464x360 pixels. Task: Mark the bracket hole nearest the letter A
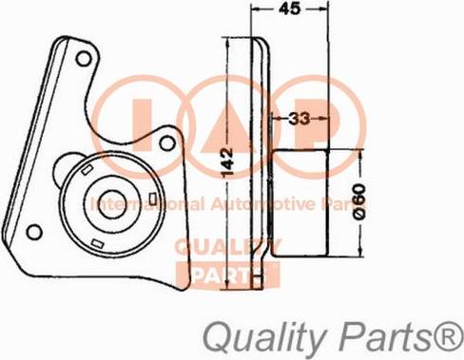click(x=168, y=142)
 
